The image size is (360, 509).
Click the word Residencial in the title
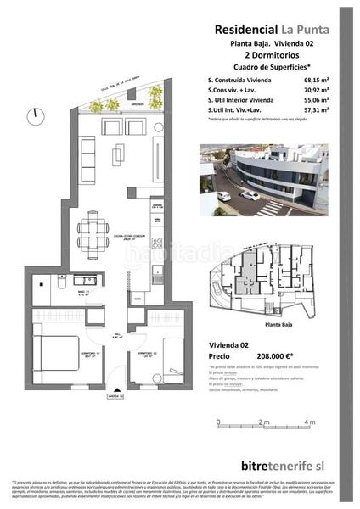[241, 28]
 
